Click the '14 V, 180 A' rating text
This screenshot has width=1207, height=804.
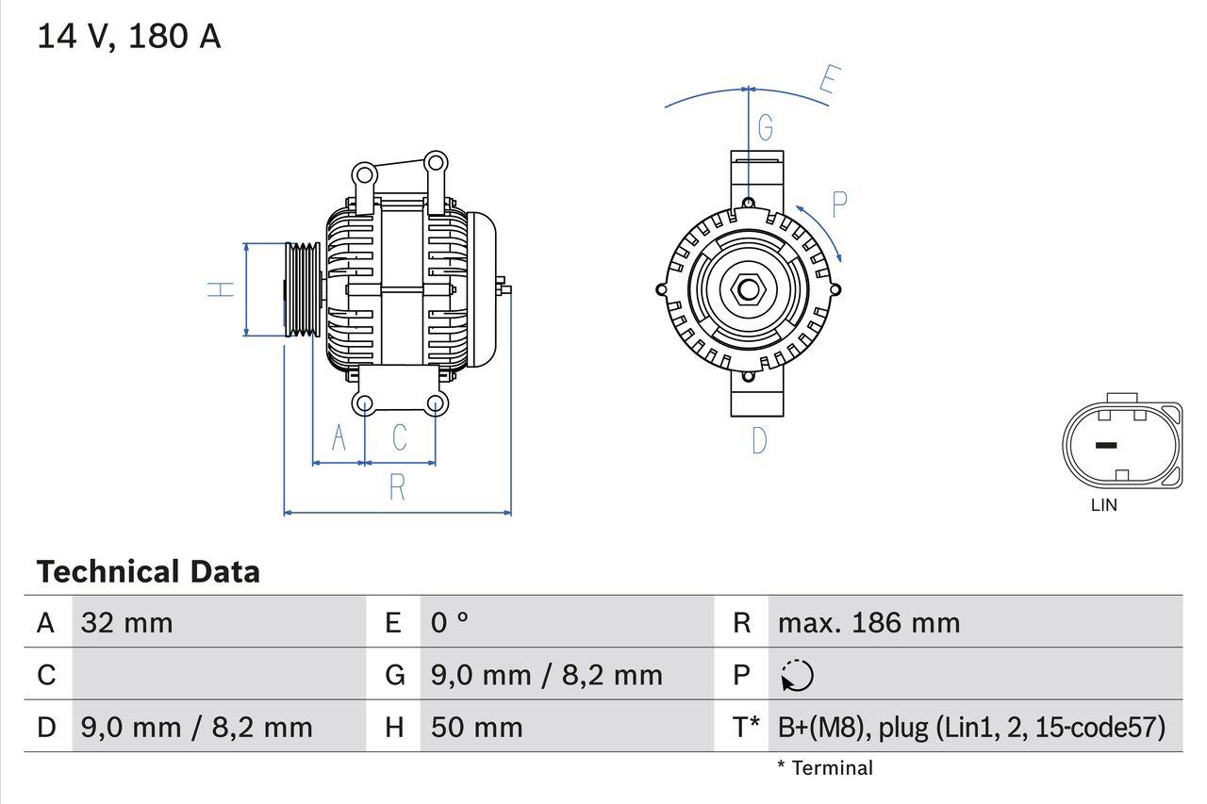tap(128, 36)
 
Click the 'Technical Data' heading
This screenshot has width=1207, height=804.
tap(148, 571)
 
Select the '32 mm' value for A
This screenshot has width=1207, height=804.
tap(127, 623)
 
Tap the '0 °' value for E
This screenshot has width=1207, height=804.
tap(450, 623)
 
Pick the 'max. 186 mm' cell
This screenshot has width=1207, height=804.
tap(868, 623)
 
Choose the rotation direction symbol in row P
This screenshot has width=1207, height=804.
tap(797, 675)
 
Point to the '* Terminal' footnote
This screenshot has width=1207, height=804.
tap(825, 768)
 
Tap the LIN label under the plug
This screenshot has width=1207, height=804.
tap(1103, 505)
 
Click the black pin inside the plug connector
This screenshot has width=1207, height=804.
tap(1105, 445)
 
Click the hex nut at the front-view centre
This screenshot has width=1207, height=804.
tap(748, 289)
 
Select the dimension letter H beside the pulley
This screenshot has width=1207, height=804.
tap(221, 289)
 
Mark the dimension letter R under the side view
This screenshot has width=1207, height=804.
tap(397, 487)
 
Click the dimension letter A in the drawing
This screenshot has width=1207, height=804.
tap(339, 438)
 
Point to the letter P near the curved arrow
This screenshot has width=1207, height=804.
tap(838, 204)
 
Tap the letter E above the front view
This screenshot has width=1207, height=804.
tap(829, 81)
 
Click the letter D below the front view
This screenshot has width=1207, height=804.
tap(759, 440)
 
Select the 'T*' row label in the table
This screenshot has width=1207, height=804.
tap(746, 727)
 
